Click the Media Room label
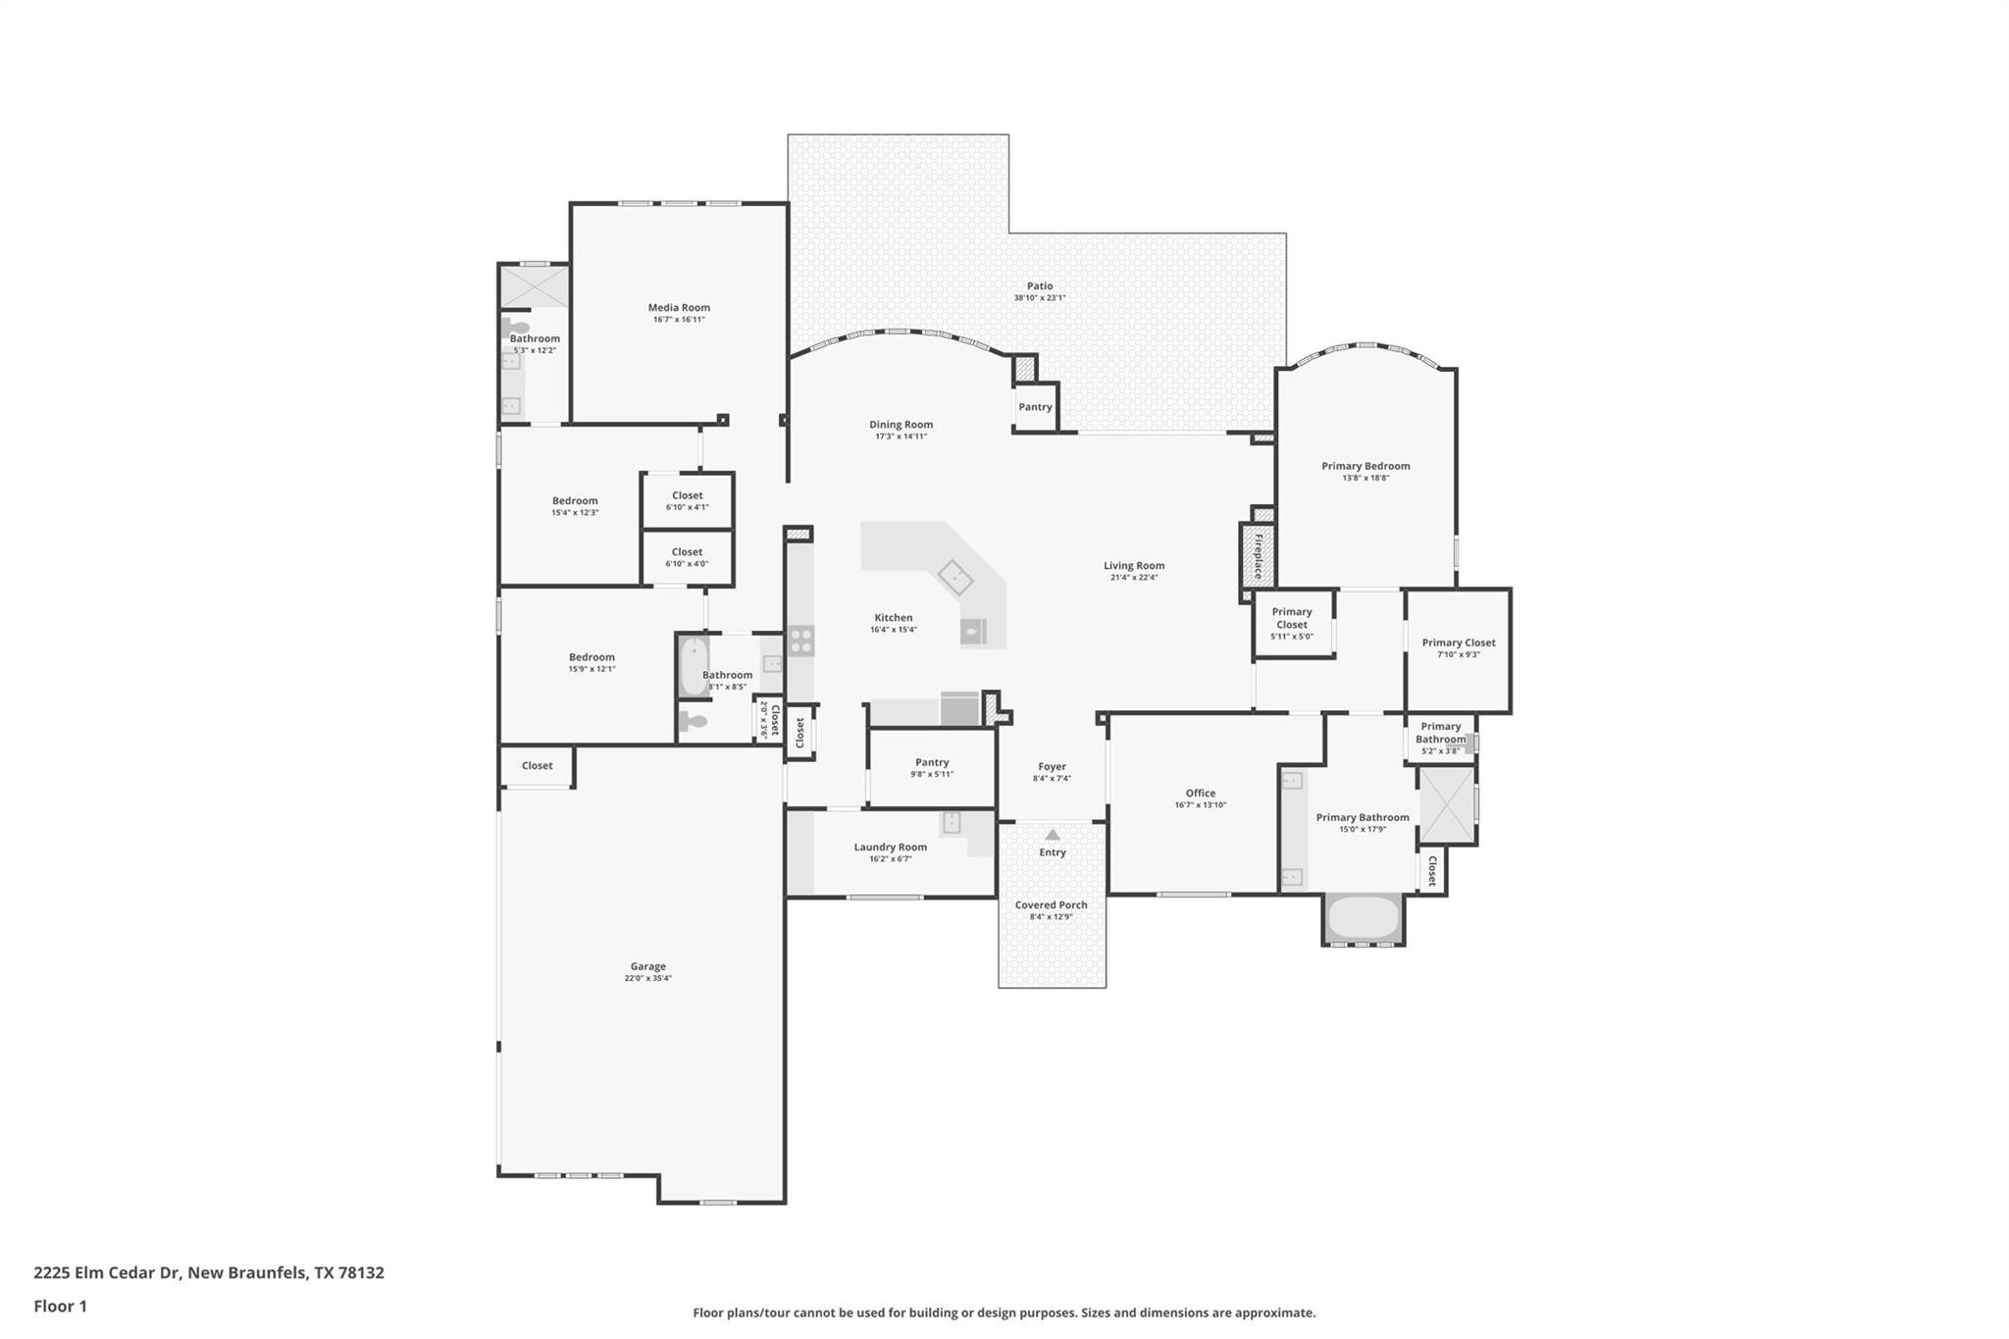click(679, 307)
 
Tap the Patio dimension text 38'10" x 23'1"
click(1040, 298)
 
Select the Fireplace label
click(1259, 556)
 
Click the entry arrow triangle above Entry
click(1053, 835)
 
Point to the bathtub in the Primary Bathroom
click(1363, 917)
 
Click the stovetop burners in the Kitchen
click(801, 641)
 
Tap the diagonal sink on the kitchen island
click(954, 578)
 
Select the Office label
click(1200, 793)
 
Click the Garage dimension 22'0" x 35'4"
click(647, 978)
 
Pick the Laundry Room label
click(890, 847)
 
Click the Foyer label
click(1052, 766)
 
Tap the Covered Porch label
click(1051, 904)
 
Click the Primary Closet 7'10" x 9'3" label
click(1459, 643)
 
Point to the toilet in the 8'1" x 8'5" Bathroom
click(695, 722)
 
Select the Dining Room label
click(901, 425)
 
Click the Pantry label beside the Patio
click(1035, 407)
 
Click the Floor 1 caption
click(60, 1306)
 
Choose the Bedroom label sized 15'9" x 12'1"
click(592, 657)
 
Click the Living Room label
click(1134, 565)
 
